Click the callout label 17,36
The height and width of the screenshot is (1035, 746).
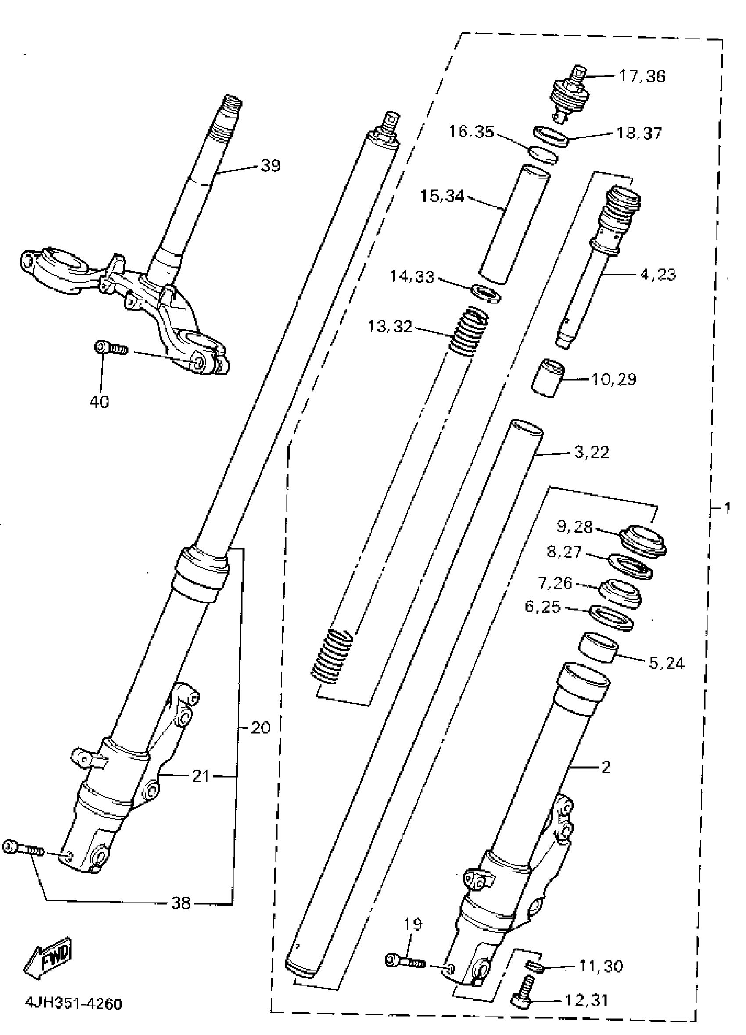click(642, 76)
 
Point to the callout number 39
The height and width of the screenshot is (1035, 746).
click(270, 166)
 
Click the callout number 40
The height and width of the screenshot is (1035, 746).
click(100, 402)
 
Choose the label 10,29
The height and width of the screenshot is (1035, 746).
click(613, 379)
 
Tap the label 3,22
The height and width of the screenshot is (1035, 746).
click(591, 453)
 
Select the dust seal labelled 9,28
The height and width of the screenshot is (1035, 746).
click(643, 542)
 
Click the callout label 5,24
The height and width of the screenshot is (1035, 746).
click(667, 663)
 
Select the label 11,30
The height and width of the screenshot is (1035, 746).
click(601, 966)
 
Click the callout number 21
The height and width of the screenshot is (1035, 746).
click(201, 776)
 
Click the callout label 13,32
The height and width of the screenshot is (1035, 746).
click(390, 327)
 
